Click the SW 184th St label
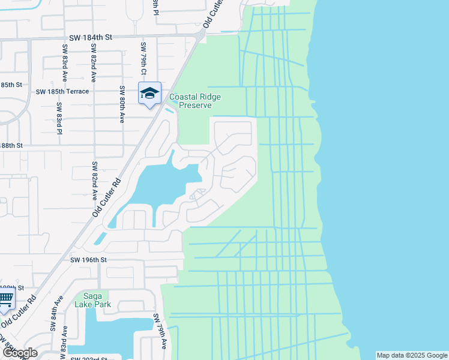coord(91,37)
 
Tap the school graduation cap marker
coord(149,93)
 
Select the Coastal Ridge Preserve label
coord(194,101)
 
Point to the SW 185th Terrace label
coord(62,92)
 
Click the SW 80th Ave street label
coord(121,105)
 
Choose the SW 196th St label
coord(88,260)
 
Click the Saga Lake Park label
coord(92,299)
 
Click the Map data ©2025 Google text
coord(412,355)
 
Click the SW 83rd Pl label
coord(59,119)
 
